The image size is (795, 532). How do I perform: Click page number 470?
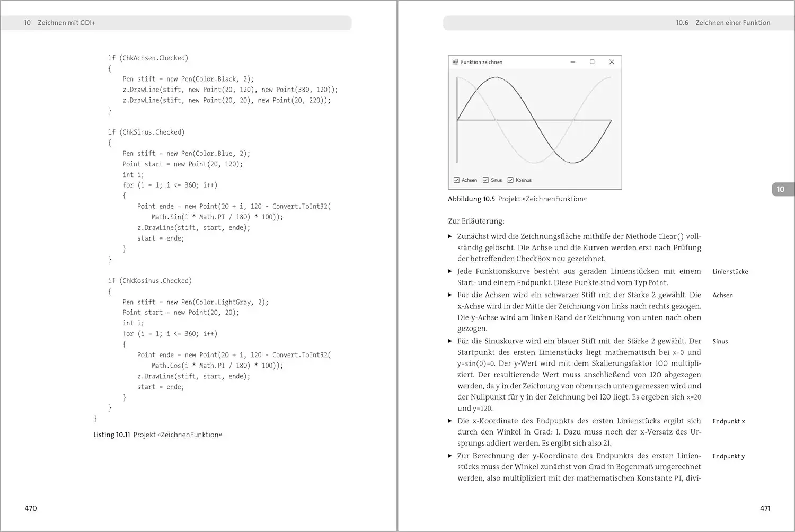(x=31, y=508)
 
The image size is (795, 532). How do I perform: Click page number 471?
(x=765, y=508)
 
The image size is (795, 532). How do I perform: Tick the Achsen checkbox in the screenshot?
(x=456, y=180)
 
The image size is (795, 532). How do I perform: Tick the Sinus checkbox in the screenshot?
(x=485, y=180)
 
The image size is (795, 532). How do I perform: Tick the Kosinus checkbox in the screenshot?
(x=510, y=180)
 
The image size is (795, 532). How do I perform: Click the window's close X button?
(x=612, y=62)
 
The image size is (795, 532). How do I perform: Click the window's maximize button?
(x=592, y=62)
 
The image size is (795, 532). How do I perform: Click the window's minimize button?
(x=572, y=62)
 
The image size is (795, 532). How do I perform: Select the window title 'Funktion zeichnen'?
(x=481, y=62)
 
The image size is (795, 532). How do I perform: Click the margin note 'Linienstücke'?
(x=730, y=272)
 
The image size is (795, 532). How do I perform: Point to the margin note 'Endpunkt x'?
(x=728, y=421)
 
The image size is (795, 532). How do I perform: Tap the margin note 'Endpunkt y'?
(x=728, y=456)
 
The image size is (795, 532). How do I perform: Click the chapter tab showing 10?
(x=780, y=189)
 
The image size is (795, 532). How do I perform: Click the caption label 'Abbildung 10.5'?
(x=471, y=199)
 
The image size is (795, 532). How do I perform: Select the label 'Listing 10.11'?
(x=111, y=435)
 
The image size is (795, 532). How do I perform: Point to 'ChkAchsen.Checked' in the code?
(x=154, y=58)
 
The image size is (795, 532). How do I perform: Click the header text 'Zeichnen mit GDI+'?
(x=66, y=23)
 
